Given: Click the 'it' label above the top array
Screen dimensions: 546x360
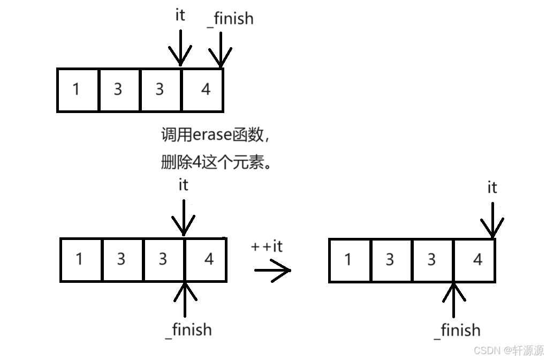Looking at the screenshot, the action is click(x=180, y=16).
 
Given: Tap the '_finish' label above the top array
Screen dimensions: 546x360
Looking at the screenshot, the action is click(x=230, y=19).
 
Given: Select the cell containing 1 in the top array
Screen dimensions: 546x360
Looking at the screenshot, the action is click(x=78, y=89).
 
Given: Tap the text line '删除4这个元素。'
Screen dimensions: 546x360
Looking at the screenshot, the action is click(x=216, y=162).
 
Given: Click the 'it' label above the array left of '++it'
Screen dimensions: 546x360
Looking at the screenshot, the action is click(x=184, y=185).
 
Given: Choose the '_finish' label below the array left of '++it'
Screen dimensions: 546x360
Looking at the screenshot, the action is click(x=188, y=329).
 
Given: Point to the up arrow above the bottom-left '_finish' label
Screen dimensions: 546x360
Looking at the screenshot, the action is click(x=184, y=300).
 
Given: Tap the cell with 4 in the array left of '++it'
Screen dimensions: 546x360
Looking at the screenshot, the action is click(x=206, y=260).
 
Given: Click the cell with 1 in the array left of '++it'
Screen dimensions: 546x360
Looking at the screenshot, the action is click(x=81, y=260).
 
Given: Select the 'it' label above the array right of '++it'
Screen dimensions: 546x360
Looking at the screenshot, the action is click(x=492, y=187).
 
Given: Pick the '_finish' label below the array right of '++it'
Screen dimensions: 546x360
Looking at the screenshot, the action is click(x=457, y=331).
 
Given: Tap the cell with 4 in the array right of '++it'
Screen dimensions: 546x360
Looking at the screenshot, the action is click(x=475, y=260).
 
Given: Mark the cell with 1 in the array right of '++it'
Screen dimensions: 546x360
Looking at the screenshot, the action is click(x=349, y=260).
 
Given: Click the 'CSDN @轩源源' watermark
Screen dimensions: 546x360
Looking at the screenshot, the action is click(x=509, y=350).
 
